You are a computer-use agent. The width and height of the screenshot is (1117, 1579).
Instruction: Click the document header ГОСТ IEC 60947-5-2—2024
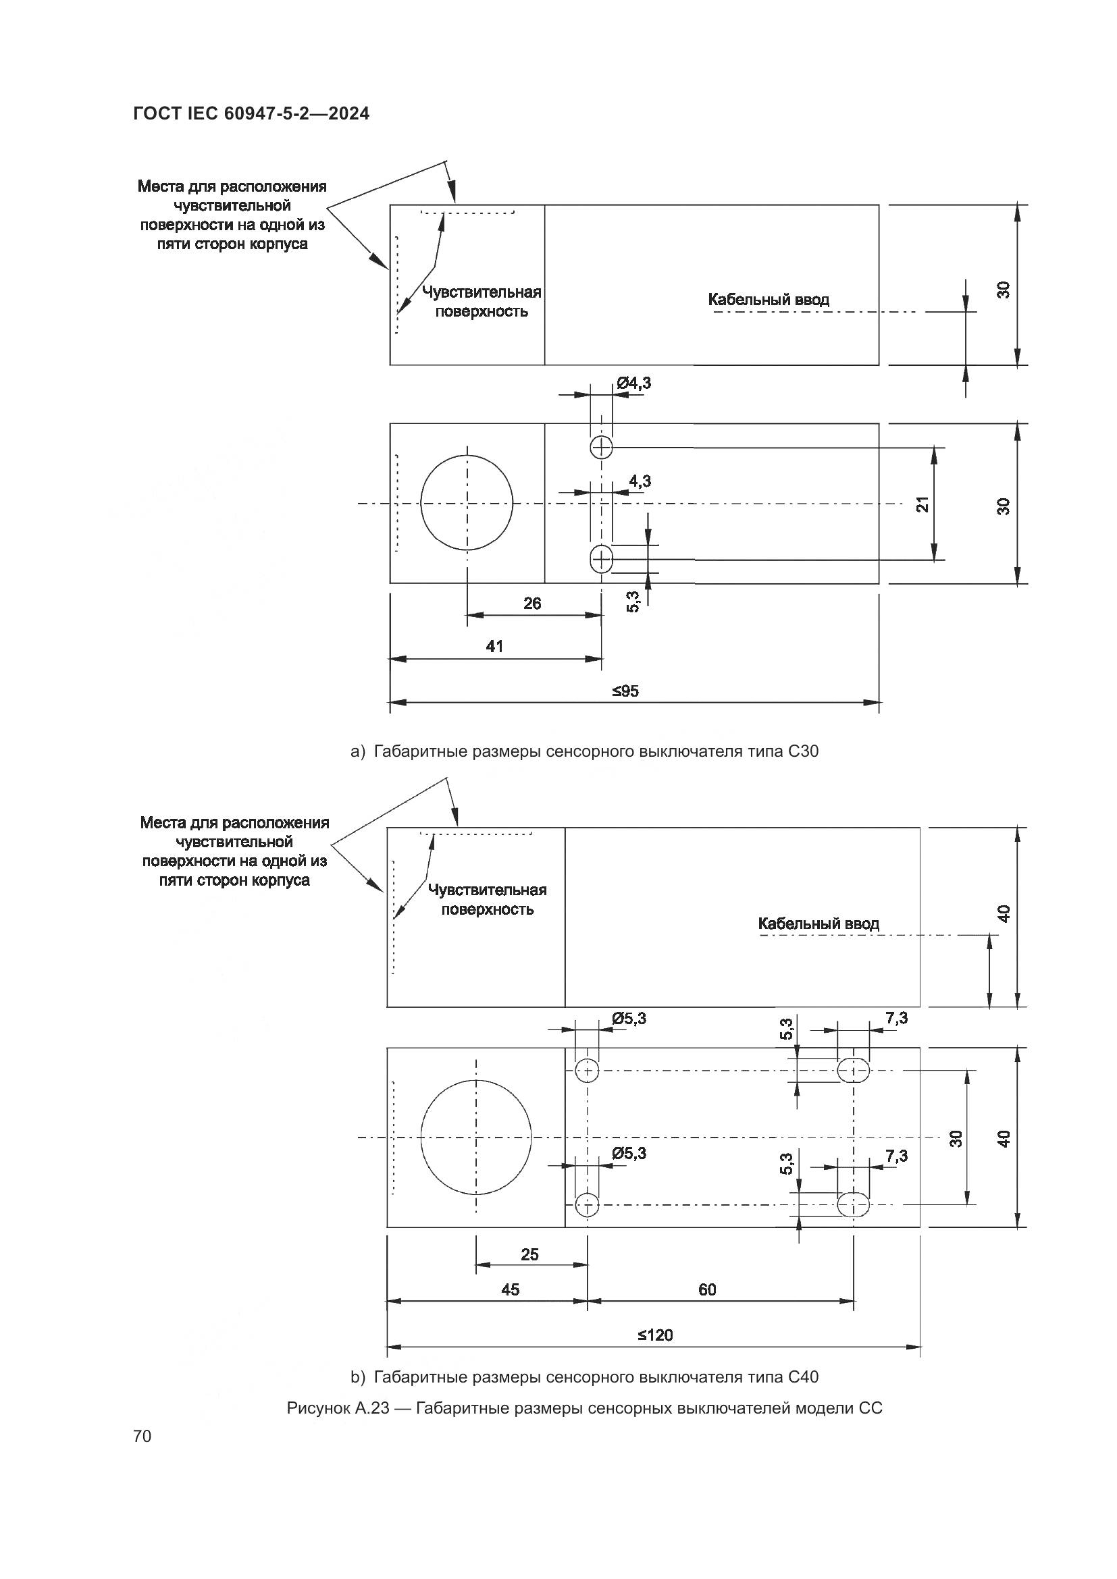pos(251,113)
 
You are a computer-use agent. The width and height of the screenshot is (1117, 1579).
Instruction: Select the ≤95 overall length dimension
pos(625,691)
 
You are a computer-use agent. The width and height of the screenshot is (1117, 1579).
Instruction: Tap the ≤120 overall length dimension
pos(654,1335)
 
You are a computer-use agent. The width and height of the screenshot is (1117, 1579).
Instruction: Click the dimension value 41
pos(494,647)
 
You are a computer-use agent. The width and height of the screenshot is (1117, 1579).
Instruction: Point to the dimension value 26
pos(532,604)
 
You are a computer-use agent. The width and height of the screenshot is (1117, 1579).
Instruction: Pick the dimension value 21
pos(923,504)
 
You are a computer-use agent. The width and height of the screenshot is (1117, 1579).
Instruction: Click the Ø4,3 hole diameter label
pos(633,383)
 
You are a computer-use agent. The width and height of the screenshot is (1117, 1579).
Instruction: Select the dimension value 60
pos(707,1289)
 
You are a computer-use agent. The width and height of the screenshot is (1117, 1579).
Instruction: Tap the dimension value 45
pos(511,1289)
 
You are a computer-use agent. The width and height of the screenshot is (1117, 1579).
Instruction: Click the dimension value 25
pos(529,1254)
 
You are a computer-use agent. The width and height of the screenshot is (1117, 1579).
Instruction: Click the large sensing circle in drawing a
pos(467,503)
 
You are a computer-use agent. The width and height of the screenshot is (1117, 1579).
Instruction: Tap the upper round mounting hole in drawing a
pos(602,448)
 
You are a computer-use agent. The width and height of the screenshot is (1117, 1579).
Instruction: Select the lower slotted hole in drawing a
pos(602,559)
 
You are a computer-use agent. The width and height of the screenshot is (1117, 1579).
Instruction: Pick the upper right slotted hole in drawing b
pos(853,1071)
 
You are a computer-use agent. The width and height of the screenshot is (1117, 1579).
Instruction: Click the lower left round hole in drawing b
pos(588,1204)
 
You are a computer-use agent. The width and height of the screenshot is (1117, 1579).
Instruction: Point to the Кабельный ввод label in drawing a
pos(769,300)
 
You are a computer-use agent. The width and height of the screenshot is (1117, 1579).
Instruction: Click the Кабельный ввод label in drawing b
pos(819,924)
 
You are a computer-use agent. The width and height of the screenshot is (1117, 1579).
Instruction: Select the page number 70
pos(142,1437)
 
